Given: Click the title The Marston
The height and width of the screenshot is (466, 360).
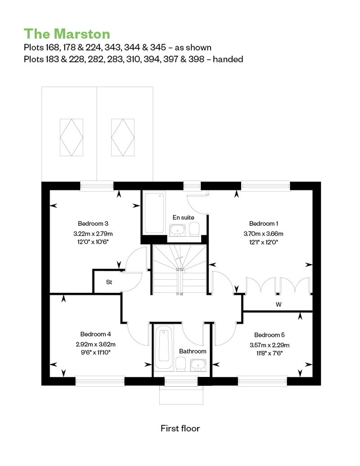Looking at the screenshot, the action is point(67,34).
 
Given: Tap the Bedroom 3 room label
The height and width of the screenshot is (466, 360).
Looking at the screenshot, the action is point(93,224).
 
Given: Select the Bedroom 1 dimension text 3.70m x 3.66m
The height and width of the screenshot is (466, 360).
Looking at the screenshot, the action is point(263,233).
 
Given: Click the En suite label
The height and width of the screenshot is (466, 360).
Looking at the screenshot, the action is point(184,218).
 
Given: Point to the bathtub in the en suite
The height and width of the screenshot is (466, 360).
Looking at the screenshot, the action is point(154,212).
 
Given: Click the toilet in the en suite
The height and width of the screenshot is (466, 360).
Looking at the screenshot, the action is point(195,230).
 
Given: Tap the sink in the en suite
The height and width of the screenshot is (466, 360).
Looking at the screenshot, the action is point(177,230).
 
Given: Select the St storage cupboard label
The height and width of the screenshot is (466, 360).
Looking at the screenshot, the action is point(109,282).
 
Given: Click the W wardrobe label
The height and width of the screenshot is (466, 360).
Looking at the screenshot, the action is point(279,305).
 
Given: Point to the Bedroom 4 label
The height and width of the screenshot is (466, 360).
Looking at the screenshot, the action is point(95,334).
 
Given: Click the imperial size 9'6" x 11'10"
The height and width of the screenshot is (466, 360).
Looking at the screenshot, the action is point(93,353).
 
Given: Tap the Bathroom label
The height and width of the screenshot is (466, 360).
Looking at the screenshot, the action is point(193,351).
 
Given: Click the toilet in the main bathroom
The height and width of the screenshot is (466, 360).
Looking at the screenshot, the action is point(181,364).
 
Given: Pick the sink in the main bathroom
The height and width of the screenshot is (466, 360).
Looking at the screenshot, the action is point(198,365).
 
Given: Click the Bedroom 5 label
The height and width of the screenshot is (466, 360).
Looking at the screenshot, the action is point(270,335).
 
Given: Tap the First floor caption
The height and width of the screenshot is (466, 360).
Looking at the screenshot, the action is point(180,428).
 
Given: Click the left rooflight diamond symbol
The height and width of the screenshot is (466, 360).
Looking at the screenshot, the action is point(72,137).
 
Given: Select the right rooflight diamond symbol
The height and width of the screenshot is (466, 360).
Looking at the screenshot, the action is point(123,137).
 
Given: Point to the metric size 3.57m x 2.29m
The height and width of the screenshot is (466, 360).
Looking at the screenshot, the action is point(270,345).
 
